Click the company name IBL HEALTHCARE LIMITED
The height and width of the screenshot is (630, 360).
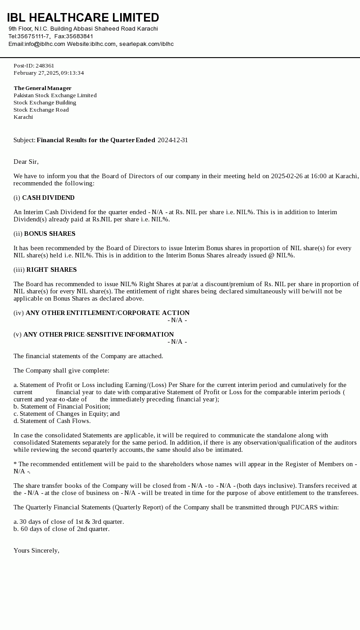coord(83,18)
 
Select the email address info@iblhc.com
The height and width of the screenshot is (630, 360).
coord(45,44)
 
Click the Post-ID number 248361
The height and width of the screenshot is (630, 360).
coord(45,66)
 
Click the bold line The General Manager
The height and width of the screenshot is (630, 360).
coord(42,88)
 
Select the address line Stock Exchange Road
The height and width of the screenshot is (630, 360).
coord(41,110)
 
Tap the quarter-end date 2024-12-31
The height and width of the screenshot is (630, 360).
coord(173,140)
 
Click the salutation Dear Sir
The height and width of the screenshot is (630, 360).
coord(26,162)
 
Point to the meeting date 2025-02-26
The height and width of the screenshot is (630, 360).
coord(287,176)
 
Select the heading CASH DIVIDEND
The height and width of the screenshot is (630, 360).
coord(48,198)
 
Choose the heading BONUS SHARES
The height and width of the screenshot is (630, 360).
coord(49,234)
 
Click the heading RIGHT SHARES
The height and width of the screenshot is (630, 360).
coord(51,270)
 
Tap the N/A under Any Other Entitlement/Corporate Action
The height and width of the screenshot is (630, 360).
coord(177,320)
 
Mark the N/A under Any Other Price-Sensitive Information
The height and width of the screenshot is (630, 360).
coord(177,342)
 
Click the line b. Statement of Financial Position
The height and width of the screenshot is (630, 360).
coord(62,406)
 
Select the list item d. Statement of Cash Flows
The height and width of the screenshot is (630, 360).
coord(52,421)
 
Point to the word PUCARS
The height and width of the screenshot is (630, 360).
coord(305,507)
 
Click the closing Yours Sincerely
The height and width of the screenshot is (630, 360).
coord(36,550)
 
